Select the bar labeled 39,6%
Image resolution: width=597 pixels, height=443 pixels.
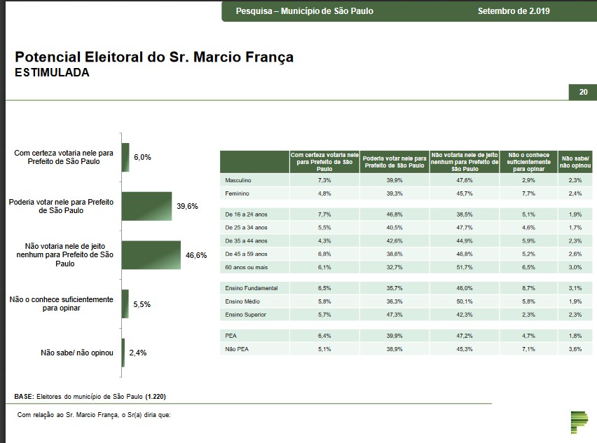146,206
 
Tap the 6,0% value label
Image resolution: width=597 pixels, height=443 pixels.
142,158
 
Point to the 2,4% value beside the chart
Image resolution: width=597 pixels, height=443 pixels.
137,353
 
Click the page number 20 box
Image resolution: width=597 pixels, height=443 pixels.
582,92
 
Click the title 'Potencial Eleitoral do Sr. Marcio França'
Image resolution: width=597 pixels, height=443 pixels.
153,57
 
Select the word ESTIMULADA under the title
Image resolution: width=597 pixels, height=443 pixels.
52,72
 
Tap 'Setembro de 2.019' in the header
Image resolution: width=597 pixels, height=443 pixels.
514,11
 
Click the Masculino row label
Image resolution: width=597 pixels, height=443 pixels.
238,180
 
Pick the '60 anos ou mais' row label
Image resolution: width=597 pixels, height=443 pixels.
246,267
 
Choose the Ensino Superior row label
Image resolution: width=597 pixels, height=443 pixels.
245,315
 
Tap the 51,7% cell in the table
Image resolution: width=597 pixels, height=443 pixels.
465,267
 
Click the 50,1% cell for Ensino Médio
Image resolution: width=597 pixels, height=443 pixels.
465,301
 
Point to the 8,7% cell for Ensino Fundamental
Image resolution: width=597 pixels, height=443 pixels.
528,288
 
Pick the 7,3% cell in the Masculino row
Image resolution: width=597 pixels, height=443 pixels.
324,180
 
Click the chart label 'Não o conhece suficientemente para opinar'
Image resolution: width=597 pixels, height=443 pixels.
61,304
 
